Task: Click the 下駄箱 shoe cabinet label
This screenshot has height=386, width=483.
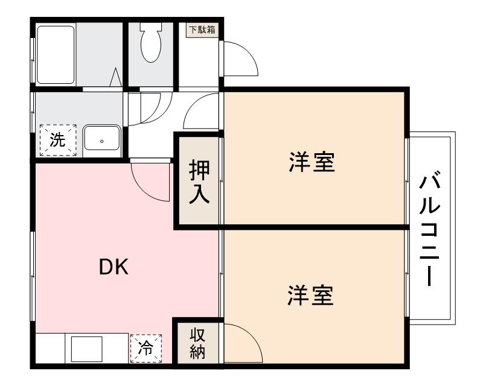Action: click(x=202, y=30)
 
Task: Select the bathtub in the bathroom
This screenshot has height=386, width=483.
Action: click(x=55, y=54)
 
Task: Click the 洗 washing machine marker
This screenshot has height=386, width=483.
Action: click(x=57, y=140)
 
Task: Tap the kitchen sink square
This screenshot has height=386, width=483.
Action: click(x=87, y=349)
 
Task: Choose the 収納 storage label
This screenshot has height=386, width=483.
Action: click(x=198, y=344)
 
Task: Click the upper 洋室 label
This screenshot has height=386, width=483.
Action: click(x=312, y=162)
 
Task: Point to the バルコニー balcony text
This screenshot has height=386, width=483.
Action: click(x=430, y=230)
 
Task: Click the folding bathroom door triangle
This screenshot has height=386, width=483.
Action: click(x=117, y=78)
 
